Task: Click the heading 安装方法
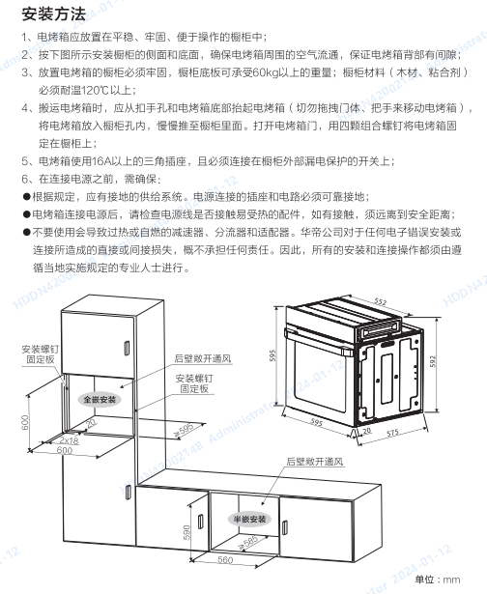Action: [x=54, y=14]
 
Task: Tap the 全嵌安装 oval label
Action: [x=100, y=399]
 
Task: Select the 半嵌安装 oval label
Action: [x=249, y=519]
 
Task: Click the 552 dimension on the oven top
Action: [x=380, y=301]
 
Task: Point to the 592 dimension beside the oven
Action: [x=433, y=361]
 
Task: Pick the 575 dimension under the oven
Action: [x=392, y=433]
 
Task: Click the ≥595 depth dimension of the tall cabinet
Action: [x=185, y=430]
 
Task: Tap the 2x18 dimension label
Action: [x=69, y=440]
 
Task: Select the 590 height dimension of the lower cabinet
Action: [x=186, y=532]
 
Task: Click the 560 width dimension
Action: [x=225, y=559]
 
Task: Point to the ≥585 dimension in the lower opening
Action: [x=248, y=543]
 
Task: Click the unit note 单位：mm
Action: [x=438, y=580]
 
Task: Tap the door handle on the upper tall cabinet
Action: [x=127, y=349]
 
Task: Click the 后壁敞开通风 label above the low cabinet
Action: [x=315, y=462]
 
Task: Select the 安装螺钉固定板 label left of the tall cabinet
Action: [x=41, y=354]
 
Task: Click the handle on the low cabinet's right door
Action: [x=285, y=527]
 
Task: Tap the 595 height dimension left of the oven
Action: [x=272, y=355]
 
